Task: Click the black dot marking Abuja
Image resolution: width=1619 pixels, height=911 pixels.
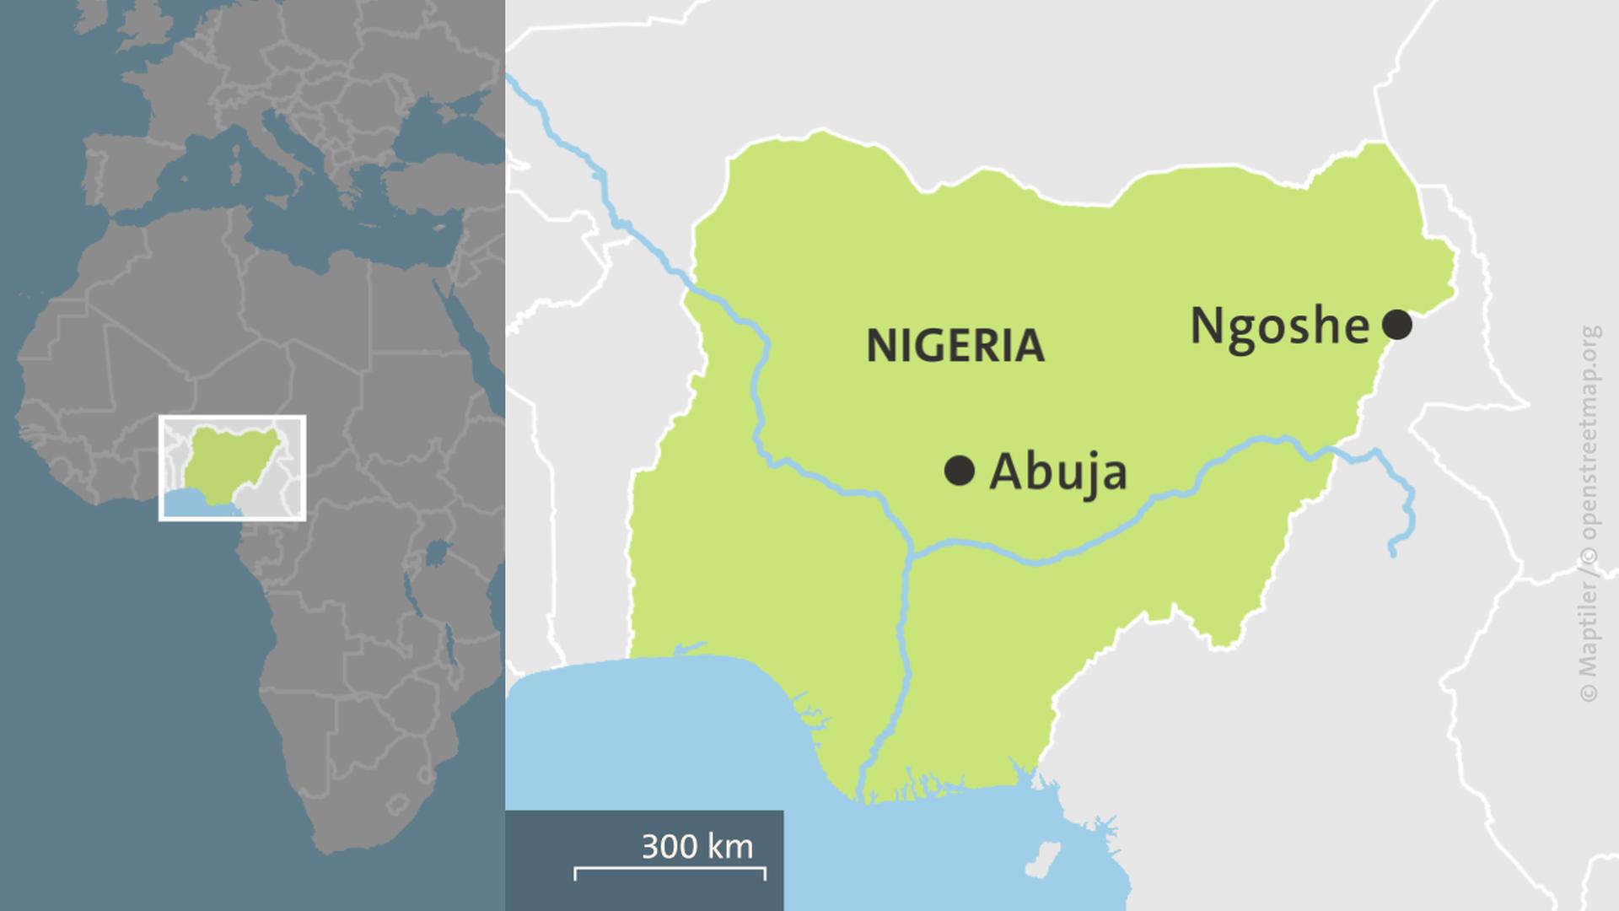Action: tap(960, 471)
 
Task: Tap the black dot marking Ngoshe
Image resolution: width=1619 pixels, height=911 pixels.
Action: tap(1397, 324)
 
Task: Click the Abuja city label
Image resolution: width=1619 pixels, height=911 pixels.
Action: tap(1057, 472)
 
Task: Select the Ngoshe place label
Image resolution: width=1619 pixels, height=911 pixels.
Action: tap(1278, 326)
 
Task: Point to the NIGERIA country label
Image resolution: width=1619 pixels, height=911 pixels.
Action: tap(955, 346)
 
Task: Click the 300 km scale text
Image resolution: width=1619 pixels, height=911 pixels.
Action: tap(697, 846)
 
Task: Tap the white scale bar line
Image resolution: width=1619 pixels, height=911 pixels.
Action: tap(670, 868)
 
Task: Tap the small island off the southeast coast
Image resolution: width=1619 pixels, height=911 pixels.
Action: tap(1042, 860)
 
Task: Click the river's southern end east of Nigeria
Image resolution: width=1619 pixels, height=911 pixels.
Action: tap(1392, 553)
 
